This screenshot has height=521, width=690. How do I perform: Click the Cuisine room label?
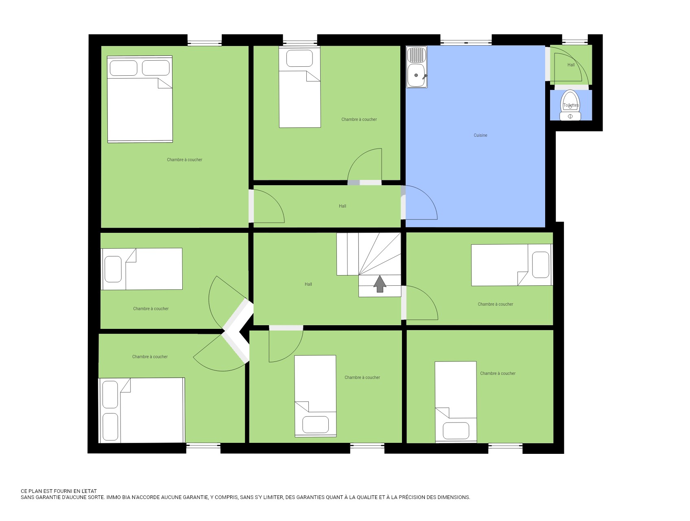click(x=480, y=135)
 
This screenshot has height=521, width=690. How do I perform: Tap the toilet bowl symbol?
click(x=570, y=105)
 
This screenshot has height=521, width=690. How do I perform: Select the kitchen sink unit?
click(x=417, y=67)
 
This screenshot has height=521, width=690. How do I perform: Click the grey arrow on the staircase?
click(x=380, y=284)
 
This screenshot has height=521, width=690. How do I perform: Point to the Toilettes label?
click(x=571, y=105)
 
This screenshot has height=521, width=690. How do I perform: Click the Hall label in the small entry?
click(x=571, y=65)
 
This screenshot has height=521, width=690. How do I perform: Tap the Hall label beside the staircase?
click(x=308, y=284)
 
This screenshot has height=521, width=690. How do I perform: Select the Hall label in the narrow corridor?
click(x=342, y=206)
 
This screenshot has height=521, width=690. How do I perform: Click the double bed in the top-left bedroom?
click(x=140, y=99)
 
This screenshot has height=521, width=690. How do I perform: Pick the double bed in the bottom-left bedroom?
click(x=142, y=410)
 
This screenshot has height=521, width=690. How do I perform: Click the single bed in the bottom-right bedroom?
click(x=456, y=402)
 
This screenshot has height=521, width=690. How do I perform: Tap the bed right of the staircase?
click(x=512, y=265)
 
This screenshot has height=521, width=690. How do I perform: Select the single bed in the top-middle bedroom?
click(x=299, y=87)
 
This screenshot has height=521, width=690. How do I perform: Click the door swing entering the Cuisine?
click(x=419, y=202)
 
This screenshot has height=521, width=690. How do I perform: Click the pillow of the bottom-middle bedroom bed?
click(x=315, y=425)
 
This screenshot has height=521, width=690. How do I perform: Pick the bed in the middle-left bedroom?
click(x=142, y=269)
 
